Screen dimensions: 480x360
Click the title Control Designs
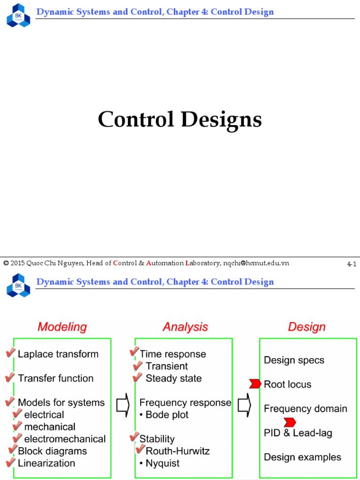coord(180,120)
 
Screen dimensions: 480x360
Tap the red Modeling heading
coord(62,327)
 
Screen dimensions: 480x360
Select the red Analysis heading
coord(185,327)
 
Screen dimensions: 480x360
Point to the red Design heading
coord(307,327)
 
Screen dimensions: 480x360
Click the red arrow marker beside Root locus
coord(255,384)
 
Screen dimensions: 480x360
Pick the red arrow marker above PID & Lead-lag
coord(289,422)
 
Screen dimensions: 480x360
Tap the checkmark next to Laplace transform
coord(10,353)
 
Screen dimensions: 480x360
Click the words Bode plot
coord(167,415)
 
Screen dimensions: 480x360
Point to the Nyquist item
coord(162,464)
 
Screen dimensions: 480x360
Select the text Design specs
coord(294,360)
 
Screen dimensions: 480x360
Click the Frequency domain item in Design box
coord(306,409)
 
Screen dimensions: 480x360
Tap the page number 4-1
coord(352,264)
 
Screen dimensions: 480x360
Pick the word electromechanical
coord(65,439)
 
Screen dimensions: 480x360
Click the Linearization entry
coord(46,463)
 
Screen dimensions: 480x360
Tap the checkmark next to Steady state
coord(138,377)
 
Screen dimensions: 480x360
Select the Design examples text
coord(302,457)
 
